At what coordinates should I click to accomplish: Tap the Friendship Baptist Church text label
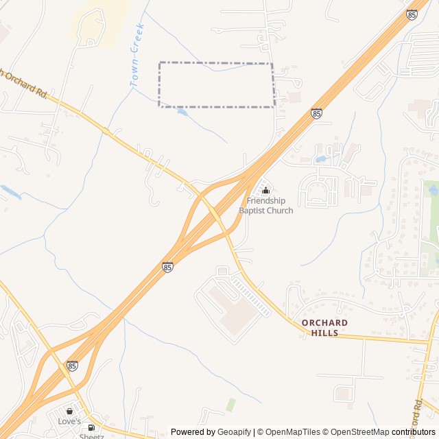click(266, 205)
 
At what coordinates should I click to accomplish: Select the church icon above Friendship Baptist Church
click(266, 190)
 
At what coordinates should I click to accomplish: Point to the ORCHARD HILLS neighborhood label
click(324, 327)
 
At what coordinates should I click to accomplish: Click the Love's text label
click(69, 421)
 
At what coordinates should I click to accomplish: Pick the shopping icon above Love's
click(69, 411)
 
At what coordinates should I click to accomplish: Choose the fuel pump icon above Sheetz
click(91, 427)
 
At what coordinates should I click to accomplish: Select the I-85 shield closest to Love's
click(73, 366)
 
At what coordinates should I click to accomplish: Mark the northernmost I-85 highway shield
click(412, 14)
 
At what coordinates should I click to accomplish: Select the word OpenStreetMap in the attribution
click(358, 432)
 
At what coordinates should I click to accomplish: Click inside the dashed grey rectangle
click(216, 84)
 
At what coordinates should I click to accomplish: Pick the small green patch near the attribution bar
click(230, 405)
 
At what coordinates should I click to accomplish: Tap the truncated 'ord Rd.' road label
click(419, 412)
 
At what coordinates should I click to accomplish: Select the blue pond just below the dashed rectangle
click(182, 112)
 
